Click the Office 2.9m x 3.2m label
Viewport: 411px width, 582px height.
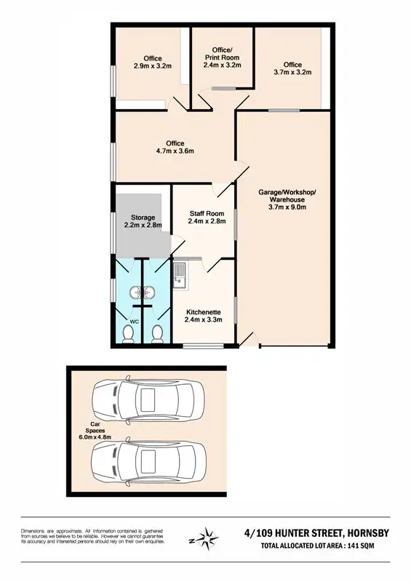pyautogui.click(x=152, y=63)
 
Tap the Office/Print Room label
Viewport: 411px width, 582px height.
pyautogui.click(x=221, y=57)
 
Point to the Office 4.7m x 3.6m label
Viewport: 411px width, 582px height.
pyautogui.click(x=175, y=147)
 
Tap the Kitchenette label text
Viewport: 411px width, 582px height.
pyautogui.click(x=203, y=315)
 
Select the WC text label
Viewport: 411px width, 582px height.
pyautogui.click(x=134, y=320)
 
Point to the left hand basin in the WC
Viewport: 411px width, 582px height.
pyautogui.click(x=135, y=293)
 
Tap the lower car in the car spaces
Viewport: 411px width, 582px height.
pyautogui.click(x=148, y=460)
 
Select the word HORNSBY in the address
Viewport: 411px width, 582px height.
pyautogui.click(x=364, y=533)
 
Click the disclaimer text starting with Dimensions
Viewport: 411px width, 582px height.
pyautogui.click(x=93, y=538)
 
